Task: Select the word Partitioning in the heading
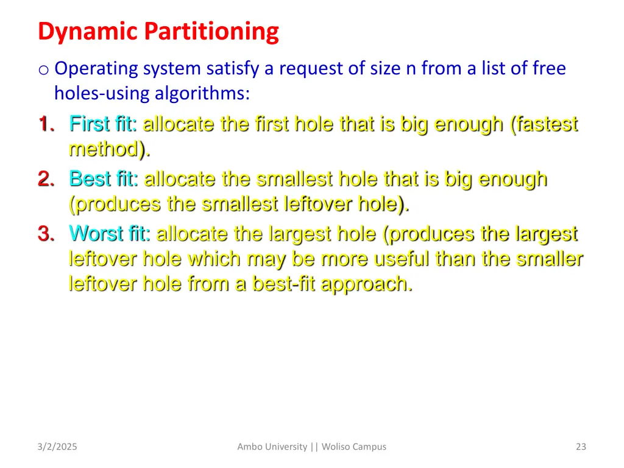211,32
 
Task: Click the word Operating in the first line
96,69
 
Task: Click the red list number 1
44,124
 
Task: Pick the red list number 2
44,179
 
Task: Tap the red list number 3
44,234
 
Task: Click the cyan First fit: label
103,124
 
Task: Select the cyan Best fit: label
104,179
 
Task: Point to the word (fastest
544,124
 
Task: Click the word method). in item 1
109,149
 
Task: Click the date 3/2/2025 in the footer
57,447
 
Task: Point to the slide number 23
580,447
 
